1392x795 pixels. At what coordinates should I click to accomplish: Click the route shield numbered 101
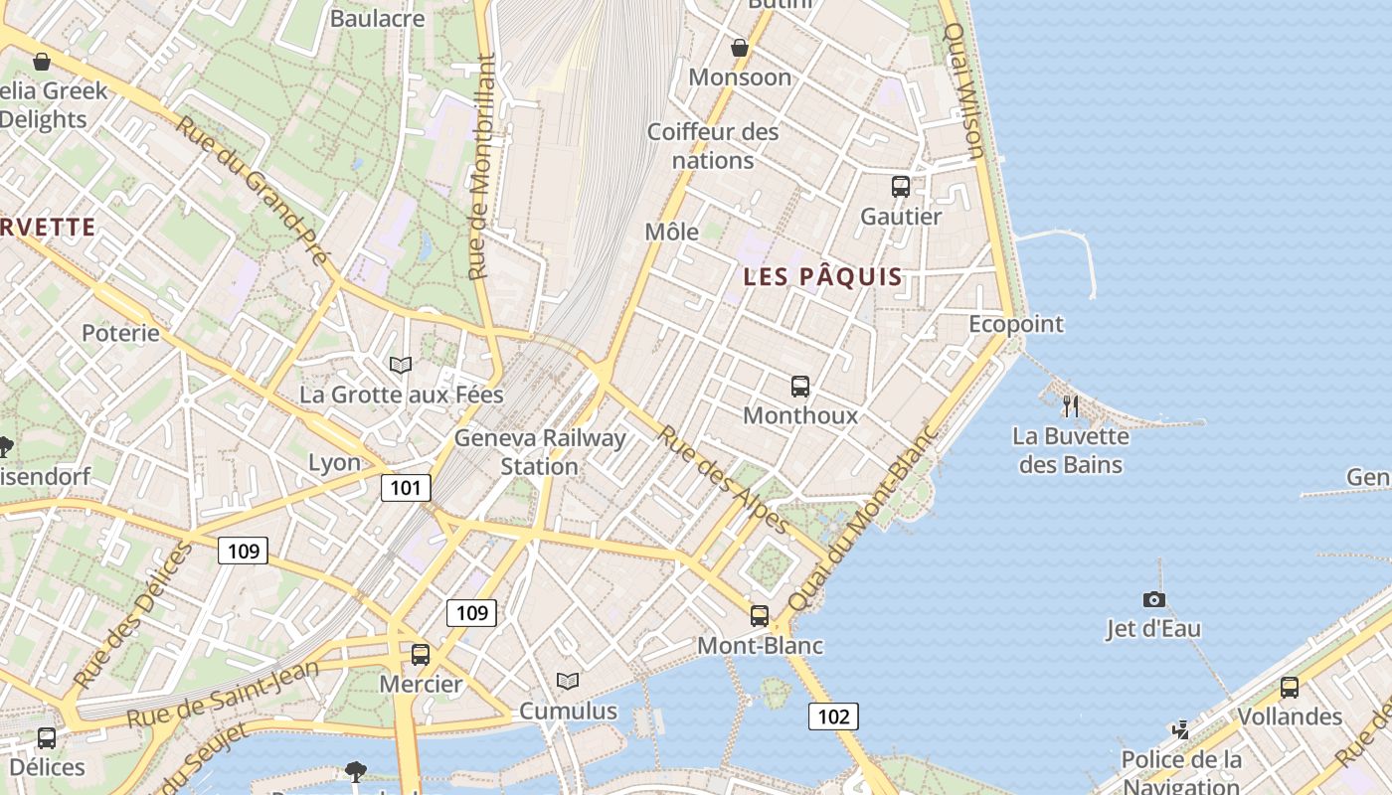(406, 488)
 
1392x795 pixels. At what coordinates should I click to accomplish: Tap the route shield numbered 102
(832, 715)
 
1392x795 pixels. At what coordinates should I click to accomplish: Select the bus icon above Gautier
(901, 187)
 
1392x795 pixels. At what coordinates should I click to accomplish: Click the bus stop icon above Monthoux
(800, 387)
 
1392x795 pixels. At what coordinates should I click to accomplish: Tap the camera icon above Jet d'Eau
(1153, 599)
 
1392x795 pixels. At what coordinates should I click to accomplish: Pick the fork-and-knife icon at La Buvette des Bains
(1070, 405)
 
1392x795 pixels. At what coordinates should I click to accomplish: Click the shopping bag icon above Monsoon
(740, 48)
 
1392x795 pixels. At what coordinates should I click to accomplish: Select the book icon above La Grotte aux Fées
(401, 366)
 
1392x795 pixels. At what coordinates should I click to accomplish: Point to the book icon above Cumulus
(568, 682)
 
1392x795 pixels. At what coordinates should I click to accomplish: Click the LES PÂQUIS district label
(823, 277)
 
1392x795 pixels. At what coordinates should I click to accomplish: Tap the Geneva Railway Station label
(540, 452)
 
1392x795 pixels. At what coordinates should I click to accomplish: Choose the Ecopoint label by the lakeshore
(1016, 324)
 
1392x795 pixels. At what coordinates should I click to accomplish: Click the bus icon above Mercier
(421, 655)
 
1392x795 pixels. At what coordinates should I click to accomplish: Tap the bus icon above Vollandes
(1290, 687)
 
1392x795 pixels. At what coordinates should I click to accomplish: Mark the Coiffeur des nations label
(713, 145)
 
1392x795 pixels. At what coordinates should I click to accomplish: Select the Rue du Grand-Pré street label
(253, 191)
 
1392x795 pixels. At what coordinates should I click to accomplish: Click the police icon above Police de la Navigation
(1180, 730)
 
